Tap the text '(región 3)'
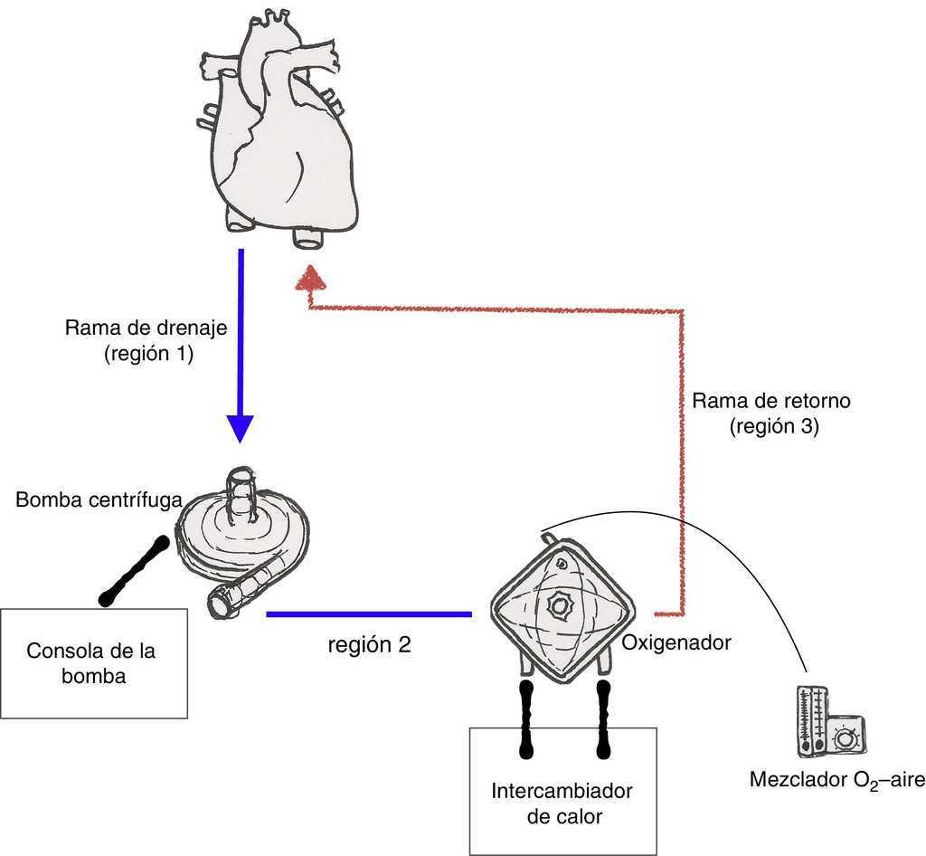(774, 428)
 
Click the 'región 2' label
(369, 646)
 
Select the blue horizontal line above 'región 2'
(369, 614)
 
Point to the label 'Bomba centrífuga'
(99, 499)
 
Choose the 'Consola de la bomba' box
(94, 663)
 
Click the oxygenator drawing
(562, 604)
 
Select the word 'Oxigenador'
(676, 643)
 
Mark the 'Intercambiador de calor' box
(562, 790)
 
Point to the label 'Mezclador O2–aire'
(836, 779)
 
